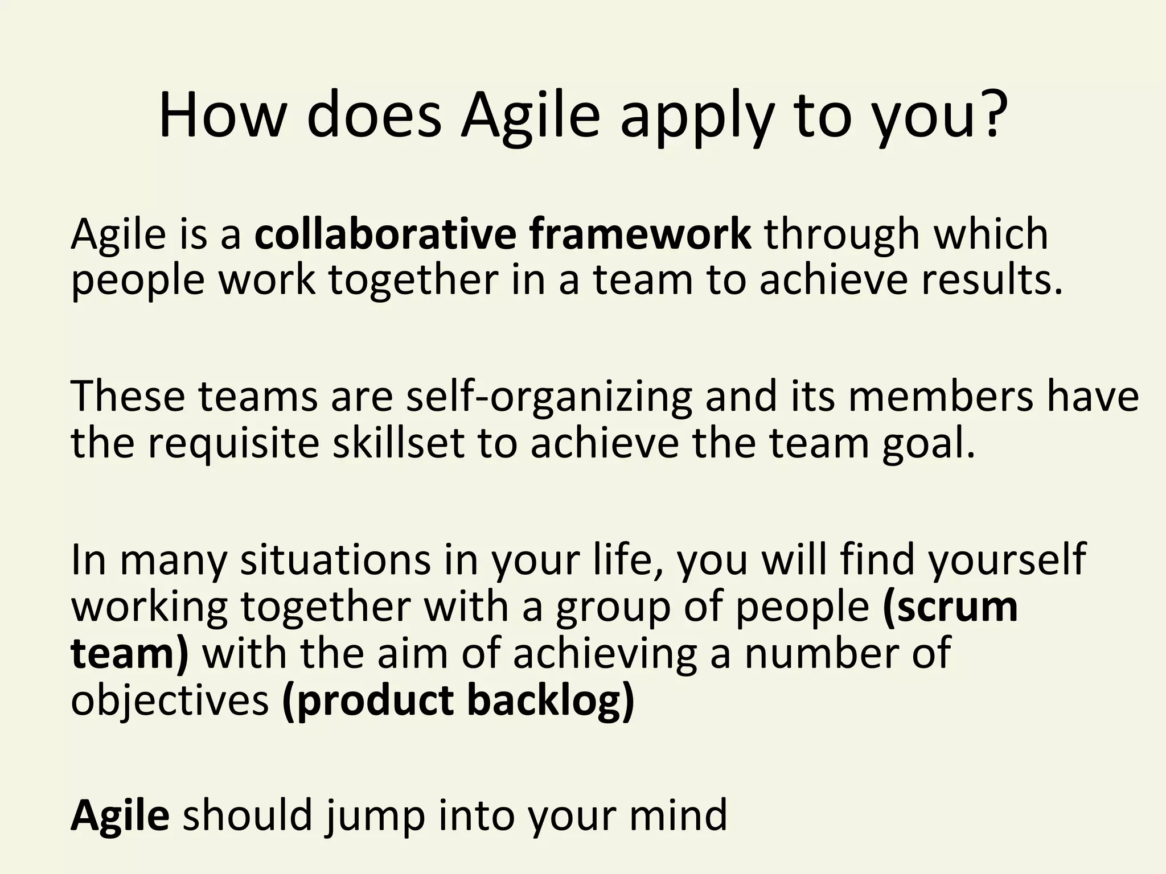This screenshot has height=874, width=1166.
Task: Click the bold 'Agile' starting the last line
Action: tap(120, 815)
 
